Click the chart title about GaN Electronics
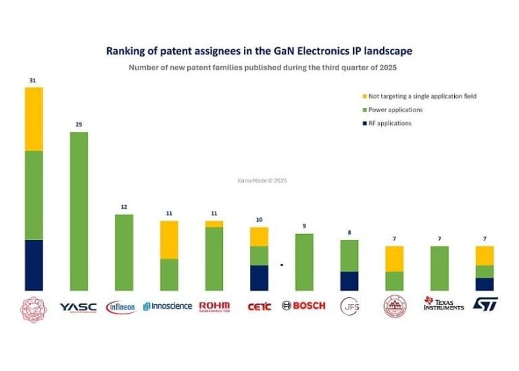pyautogui.click(x=259, y=51)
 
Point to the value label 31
pyautogui.click(x=32, y=80)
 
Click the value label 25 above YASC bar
pyautogui.click(x=78, y=125)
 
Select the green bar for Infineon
pyautogui.click(x=124, y=252)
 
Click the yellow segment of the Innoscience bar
pyautogui.click(x=169, y=240)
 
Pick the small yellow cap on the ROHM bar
pyautogui.click(x=214, y=224)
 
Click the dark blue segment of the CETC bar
pyautogui.click(x=259, y=277)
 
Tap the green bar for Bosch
pyautogui.click(x=305, y=262)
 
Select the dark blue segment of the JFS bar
pyautogui.click(x=349, y=280)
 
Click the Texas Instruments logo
pyautogui.click(x=443, y=304)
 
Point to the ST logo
pyautogui.click(x=485, y=305)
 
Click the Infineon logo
pyautogui.click(x=121, y=307)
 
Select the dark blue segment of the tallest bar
pyautogui.click(x=34, y=265)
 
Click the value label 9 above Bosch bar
pyautogui.click(x=305, y=226)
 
